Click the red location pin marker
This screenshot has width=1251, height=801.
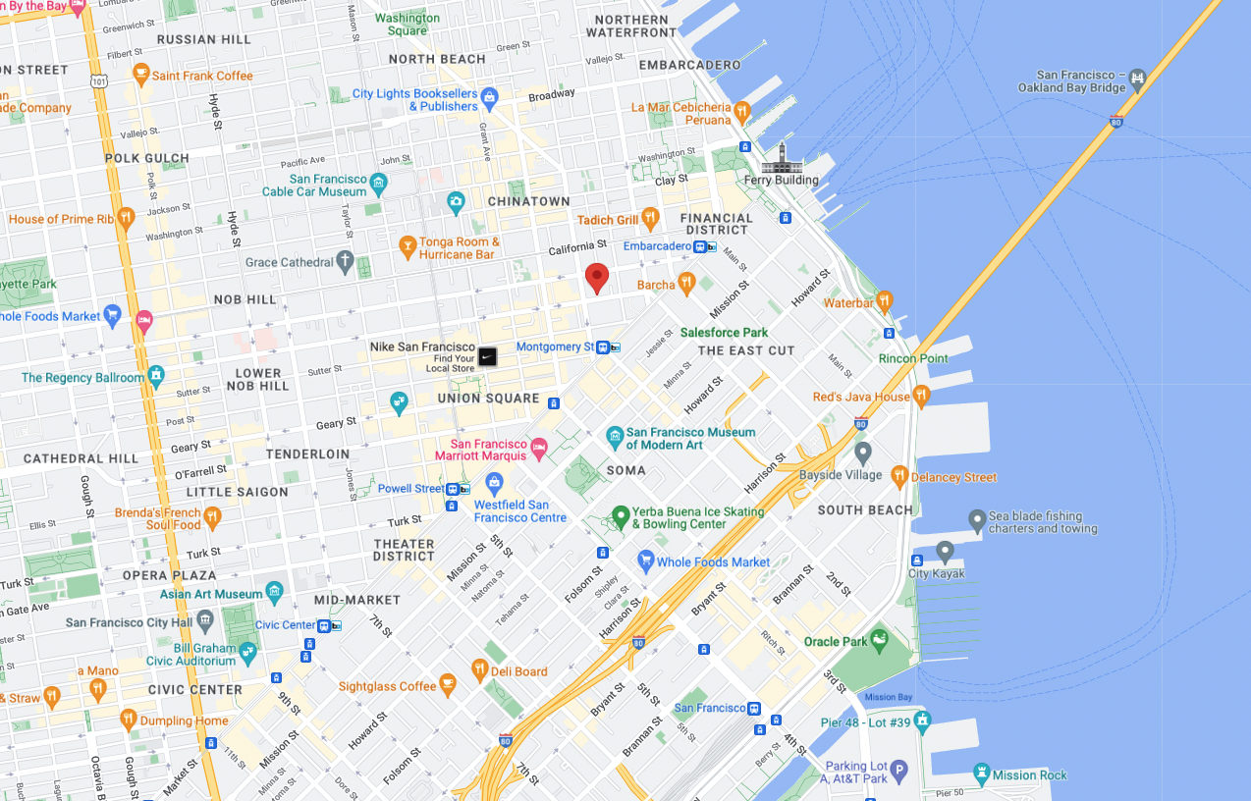[x=597, y=277]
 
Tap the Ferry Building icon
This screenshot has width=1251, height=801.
[x=782, y=157]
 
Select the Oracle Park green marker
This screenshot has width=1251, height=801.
[x=878, y=640]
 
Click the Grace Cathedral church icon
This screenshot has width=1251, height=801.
[x=344, y=261]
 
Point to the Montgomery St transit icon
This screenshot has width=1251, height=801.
[x=609, y=347]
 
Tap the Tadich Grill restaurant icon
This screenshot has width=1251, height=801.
[x=649, y=218]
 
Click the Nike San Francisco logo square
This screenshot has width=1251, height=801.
[x=488, y=356]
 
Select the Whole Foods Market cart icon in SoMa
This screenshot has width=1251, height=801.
[x=645, y=561]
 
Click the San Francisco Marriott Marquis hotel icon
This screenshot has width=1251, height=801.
[x=538, y=450]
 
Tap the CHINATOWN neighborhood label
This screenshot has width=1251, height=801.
[x=529, y=201]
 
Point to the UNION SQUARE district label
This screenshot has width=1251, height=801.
[x=488, y=399]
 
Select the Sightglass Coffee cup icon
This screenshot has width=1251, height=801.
[x=448, y=685]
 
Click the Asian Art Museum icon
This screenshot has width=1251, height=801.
[x=274, y=592]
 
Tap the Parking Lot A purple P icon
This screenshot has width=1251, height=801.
[x=898, y=771]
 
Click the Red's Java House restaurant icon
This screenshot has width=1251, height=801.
[x=920, y=396]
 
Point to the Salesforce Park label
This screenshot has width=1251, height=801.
[x=724, y=333]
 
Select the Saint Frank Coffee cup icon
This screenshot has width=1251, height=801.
[x=140, y=75]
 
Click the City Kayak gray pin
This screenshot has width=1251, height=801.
[x=945, y=552]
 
